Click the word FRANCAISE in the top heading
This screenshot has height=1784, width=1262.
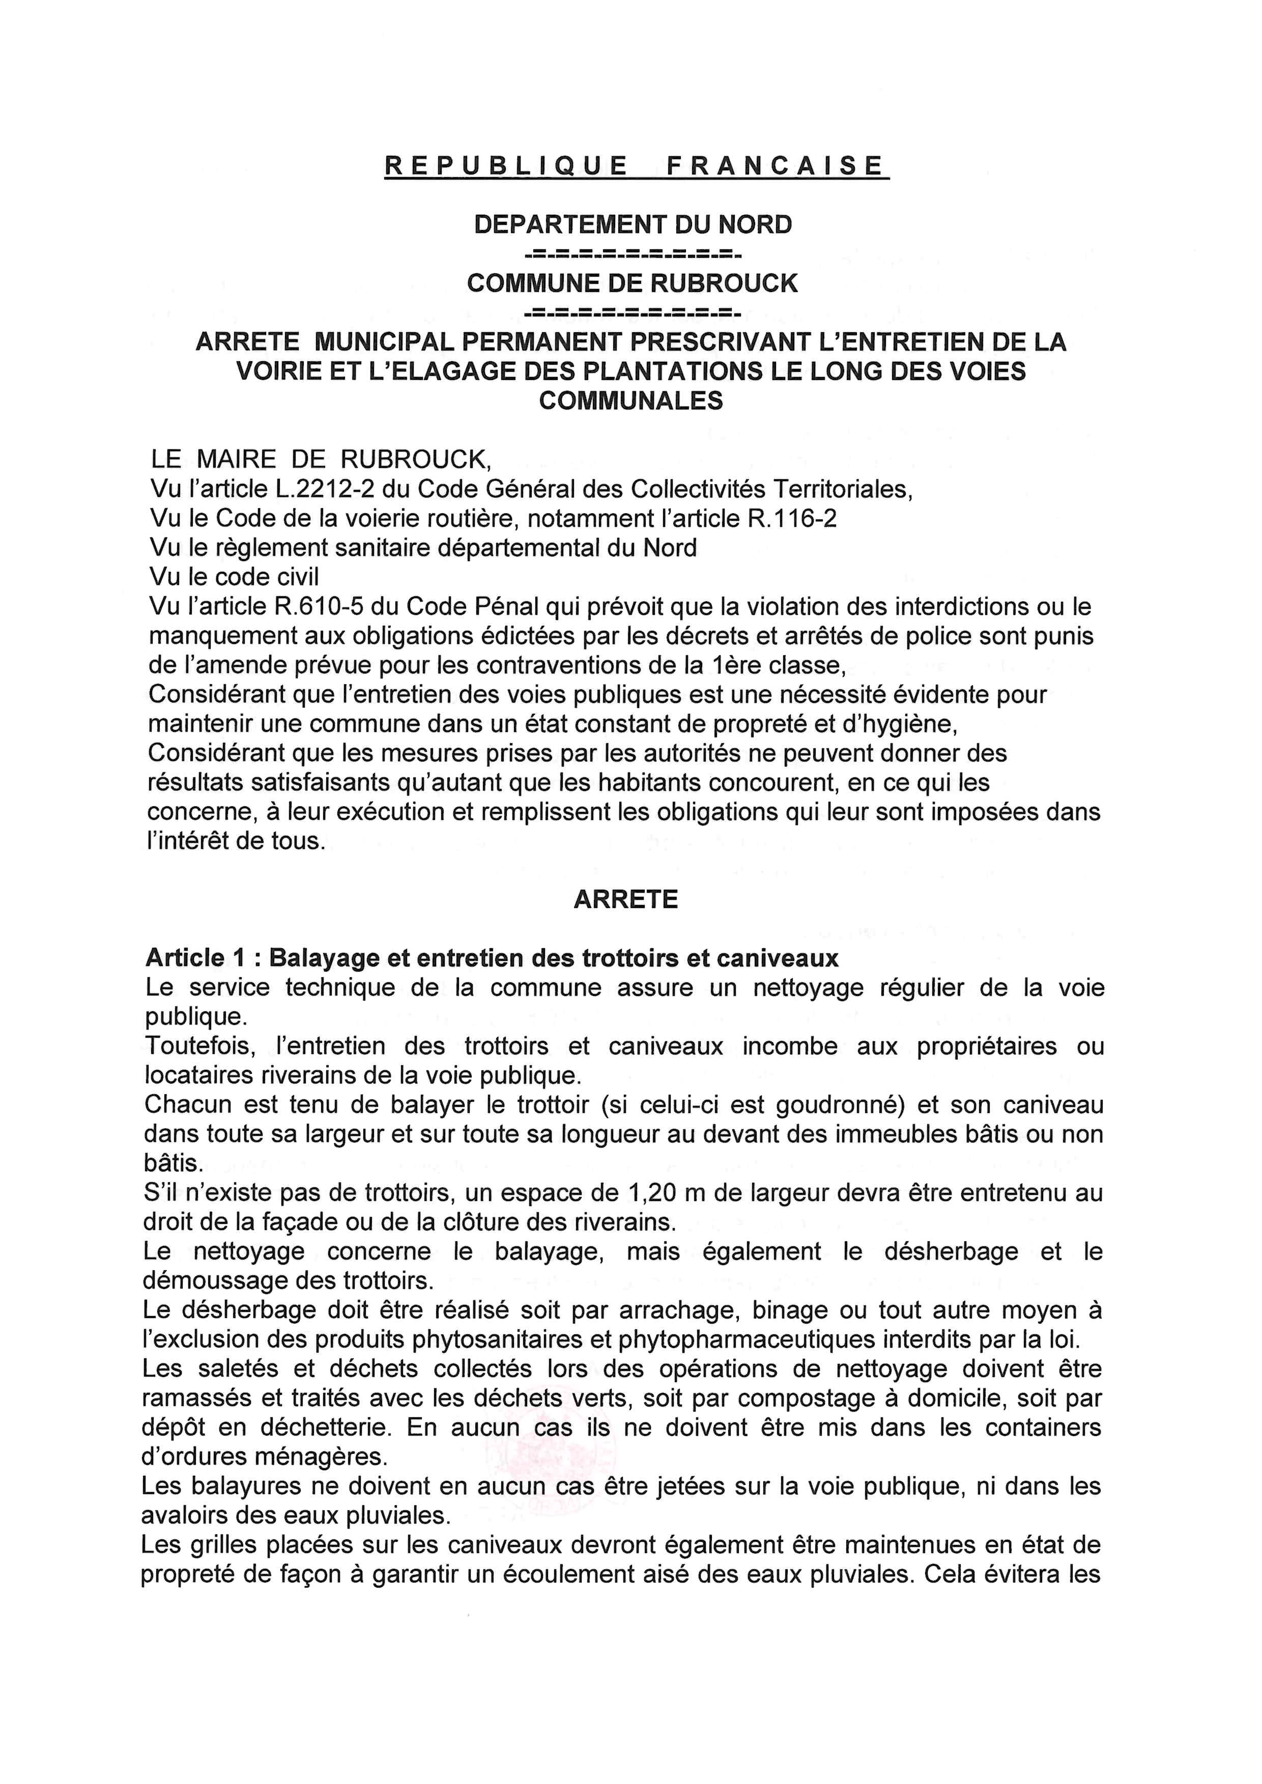point(775,165)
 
